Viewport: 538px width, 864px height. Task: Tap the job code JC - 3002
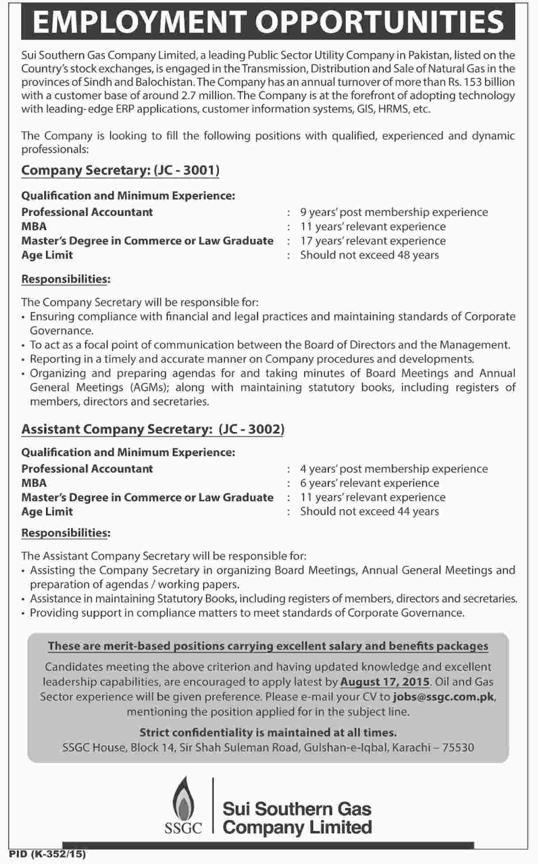251,429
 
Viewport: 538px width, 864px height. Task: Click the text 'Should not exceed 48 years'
369,255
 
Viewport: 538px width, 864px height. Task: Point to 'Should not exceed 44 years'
369,512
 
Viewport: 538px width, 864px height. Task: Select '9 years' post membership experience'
393,212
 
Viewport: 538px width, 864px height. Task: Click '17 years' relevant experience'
373,241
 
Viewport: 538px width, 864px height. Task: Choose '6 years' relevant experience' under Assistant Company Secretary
370,483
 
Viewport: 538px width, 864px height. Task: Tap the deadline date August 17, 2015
385,682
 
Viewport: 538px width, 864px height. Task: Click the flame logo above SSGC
183,799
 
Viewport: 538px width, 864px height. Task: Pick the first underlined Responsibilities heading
65,279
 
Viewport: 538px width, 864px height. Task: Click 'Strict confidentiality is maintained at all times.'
268,733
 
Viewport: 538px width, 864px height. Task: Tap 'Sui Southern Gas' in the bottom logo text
297,809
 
